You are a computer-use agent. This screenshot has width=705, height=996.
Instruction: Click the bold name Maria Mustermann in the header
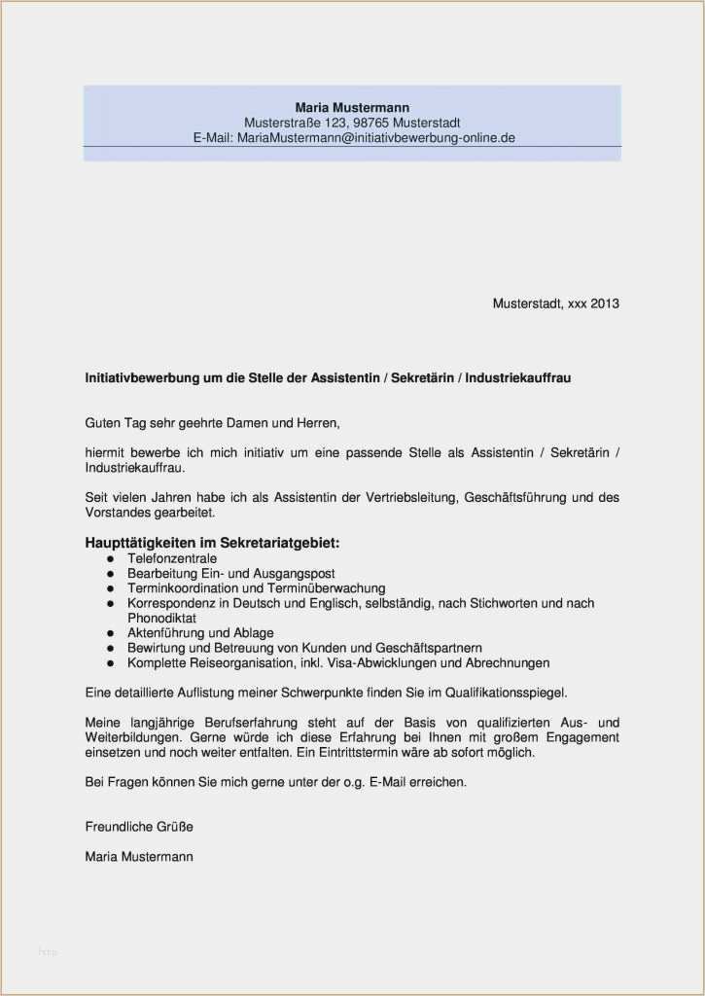352,107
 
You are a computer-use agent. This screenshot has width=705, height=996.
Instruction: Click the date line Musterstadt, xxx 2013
555,303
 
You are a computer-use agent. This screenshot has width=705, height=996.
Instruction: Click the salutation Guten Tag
113,423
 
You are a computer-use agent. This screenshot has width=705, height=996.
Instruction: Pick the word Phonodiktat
161,618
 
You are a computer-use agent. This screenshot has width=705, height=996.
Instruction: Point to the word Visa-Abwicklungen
382,663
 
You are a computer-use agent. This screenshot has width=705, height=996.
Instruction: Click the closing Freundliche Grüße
139,827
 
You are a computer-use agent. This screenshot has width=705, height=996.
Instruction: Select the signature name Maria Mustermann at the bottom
139,857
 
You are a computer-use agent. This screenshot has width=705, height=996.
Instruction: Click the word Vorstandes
116,512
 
